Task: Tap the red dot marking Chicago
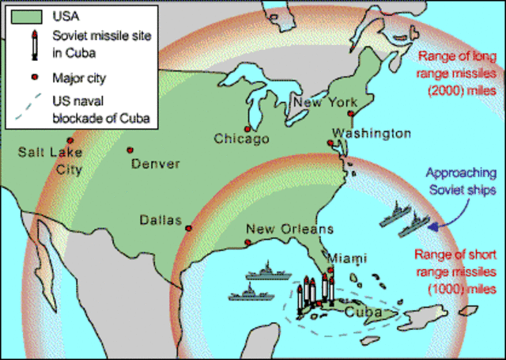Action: [x=247, y=128]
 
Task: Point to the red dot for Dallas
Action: [x=188, y=228]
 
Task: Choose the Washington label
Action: [x=371, y=133]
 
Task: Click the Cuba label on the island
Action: [x=365, y=312]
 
